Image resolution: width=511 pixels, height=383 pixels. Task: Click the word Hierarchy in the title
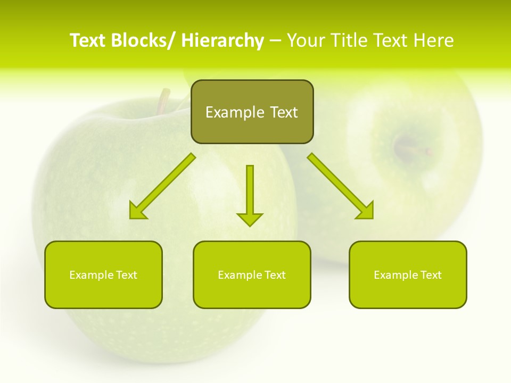(222, 40)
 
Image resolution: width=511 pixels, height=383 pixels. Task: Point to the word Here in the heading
(434, 40)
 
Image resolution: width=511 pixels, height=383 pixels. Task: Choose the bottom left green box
(103, 293)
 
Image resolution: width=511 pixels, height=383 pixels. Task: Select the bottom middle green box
(252, 293)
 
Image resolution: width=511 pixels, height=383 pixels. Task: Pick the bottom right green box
(408, 293)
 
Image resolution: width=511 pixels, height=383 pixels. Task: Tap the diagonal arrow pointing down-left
(162, 187)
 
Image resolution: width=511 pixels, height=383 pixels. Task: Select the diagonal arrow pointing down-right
(341, 186)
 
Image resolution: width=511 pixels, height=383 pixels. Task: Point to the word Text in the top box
(284, 112)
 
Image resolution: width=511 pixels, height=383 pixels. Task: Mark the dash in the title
(275, 41)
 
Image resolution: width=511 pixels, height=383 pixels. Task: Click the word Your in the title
(306, 40)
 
